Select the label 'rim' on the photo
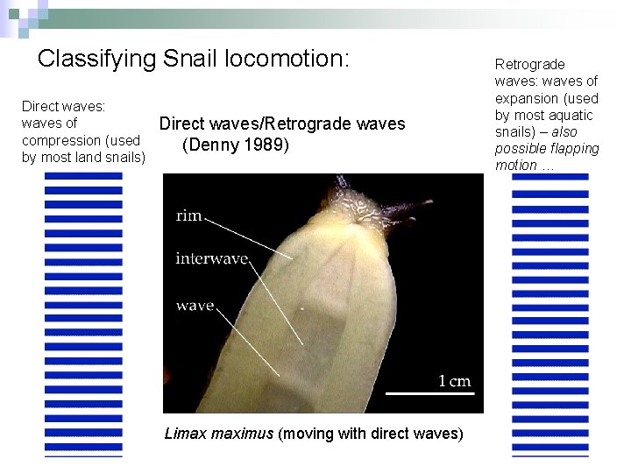[190, 215]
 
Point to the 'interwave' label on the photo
[211, 258]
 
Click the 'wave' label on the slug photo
[195, 306]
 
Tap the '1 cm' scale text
[454, 380]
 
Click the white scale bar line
[429, 394]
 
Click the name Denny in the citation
[211, 145]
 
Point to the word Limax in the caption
[184, 434]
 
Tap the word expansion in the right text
[528, 98]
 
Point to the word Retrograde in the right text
[529, 64]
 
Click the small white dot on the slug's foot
[303, 308]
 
